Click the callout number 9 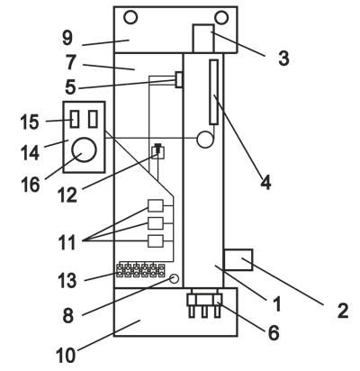tap(67, 38)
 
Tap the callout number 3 tap(283, 58)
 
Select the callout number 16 tap(31, 185)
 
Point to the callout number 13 tap(67, 281)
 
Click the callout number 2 tap(343, 311)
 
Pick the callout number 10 tap(66, 356)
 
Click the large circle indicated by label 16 tap(85, 149)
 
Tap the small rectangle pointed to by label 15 tap(75, 119)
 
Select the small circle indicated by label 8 tap(174, 278)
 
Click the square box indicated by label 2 tap(238, 259)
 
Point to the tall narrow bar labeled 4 tap(213, 92)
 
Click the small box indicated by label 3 tap(203, 39)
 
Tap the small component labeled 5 tap(179, 80)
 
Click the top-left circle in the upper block tap(130, 17)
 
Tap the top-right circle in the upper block tap(221, 17)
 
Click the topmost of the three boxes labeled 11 tap(156, 205)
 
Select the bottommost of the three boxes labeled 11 tap(156, 241)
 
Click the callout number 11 tap(67, 242)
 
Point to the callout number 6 tap(273, 332)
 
